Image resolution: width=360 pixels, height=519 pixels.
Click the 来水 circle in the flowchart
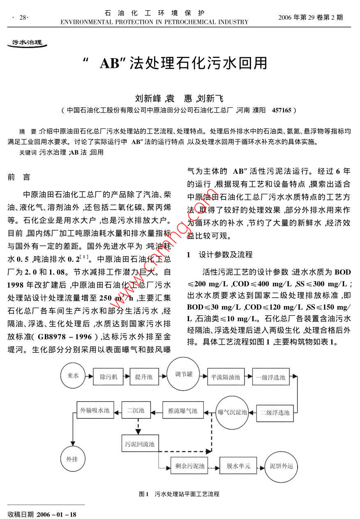coord(73,375)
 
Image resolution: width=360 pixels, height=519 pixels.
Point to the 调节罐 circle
coord(184,375)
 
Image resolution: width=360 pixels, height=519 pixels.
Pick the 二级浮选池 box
coord(275,412)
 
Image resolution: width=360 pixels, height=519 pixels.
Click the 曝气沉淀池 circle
coord(232,412)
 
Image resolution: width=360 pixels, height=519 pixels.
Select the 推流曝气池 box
coord(183,410)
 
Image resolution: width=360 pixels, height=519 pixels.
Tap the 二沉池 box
coord(136,410)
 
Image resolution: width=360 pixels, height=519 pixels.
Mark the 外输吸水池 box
coord(95,410)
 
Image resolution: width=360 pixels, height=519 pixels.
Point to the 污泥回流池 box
coord(140,444)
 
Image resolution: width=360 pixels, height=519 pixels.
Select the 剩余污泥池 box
coord(189,466)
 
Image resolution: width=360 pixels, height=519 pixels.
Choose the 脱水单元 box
coord(238,466)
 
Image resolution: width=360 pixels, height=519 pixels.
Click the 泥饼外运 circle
coord(282,466)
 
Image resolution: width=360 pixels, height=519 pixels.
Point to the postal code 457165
coord(282,110)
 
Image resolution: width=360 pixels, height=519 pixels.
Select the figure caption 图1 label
coord(143,494)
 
